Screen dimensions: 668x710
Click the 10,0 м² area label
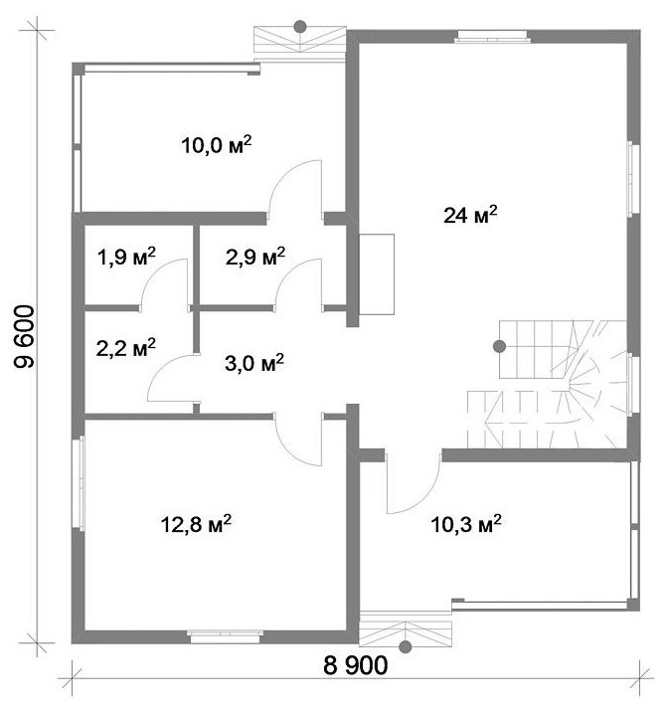(x=217, y=145)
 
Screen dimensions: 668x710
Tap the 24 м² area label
(x=470, y=214)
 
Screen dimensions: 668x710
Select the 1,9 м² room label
(x=126, y=258)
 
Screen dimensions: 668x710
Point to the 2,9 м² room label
(x=255, y=258)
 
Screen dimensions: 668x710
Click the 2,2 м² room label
(x=126, y=348)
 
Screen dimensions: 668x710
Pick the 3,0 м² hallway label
(x=254, y=363)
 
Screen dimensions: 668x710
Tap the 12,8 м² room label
(x=196, y=524)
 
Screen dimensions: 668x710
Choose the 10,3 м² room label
(x=465, y=524)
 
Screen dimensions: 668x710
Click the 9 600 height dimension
(x=25, y=336)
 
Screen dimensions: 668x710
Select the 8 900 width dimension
(x=356, y=665)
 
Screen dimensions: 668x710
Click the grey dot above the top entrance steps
(x=300, y=27)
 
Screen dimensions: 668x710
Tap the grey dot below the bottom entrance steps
(x=406, y=647)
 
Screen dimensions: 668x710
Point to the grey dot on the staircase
(x=499, y=346)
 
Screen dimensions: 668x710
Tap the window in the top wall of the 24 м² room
(x=492, y=36)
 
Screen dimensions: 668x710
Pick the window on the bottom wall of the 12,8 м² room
(x=226, y=636)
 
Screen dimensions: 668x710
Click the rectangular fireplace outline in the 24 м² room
(x=377, y=274)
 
